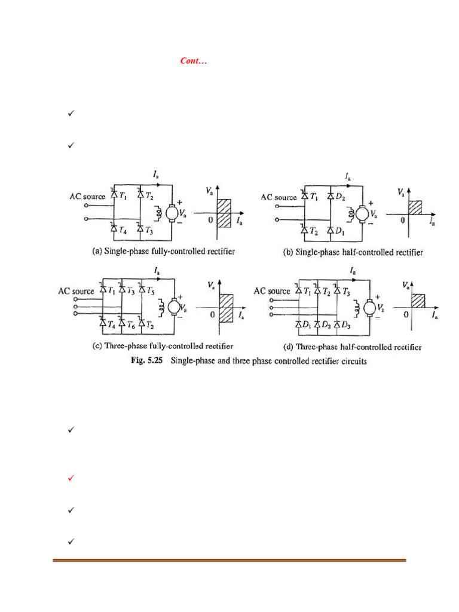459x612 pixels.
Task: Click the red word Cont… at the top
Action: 193,61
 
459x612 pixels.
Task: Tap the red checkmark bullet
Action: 71,478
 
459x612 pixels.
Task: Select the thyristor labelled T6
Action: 122,323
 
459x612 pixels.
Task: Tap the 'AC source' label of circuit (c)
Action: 76,291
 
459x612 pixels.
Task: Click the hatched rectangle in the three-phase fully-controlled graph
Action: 225,309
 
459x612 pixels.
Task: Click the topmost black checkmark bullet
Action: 71,112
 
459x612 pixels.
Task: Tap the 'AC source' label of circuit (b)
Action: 279,197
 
